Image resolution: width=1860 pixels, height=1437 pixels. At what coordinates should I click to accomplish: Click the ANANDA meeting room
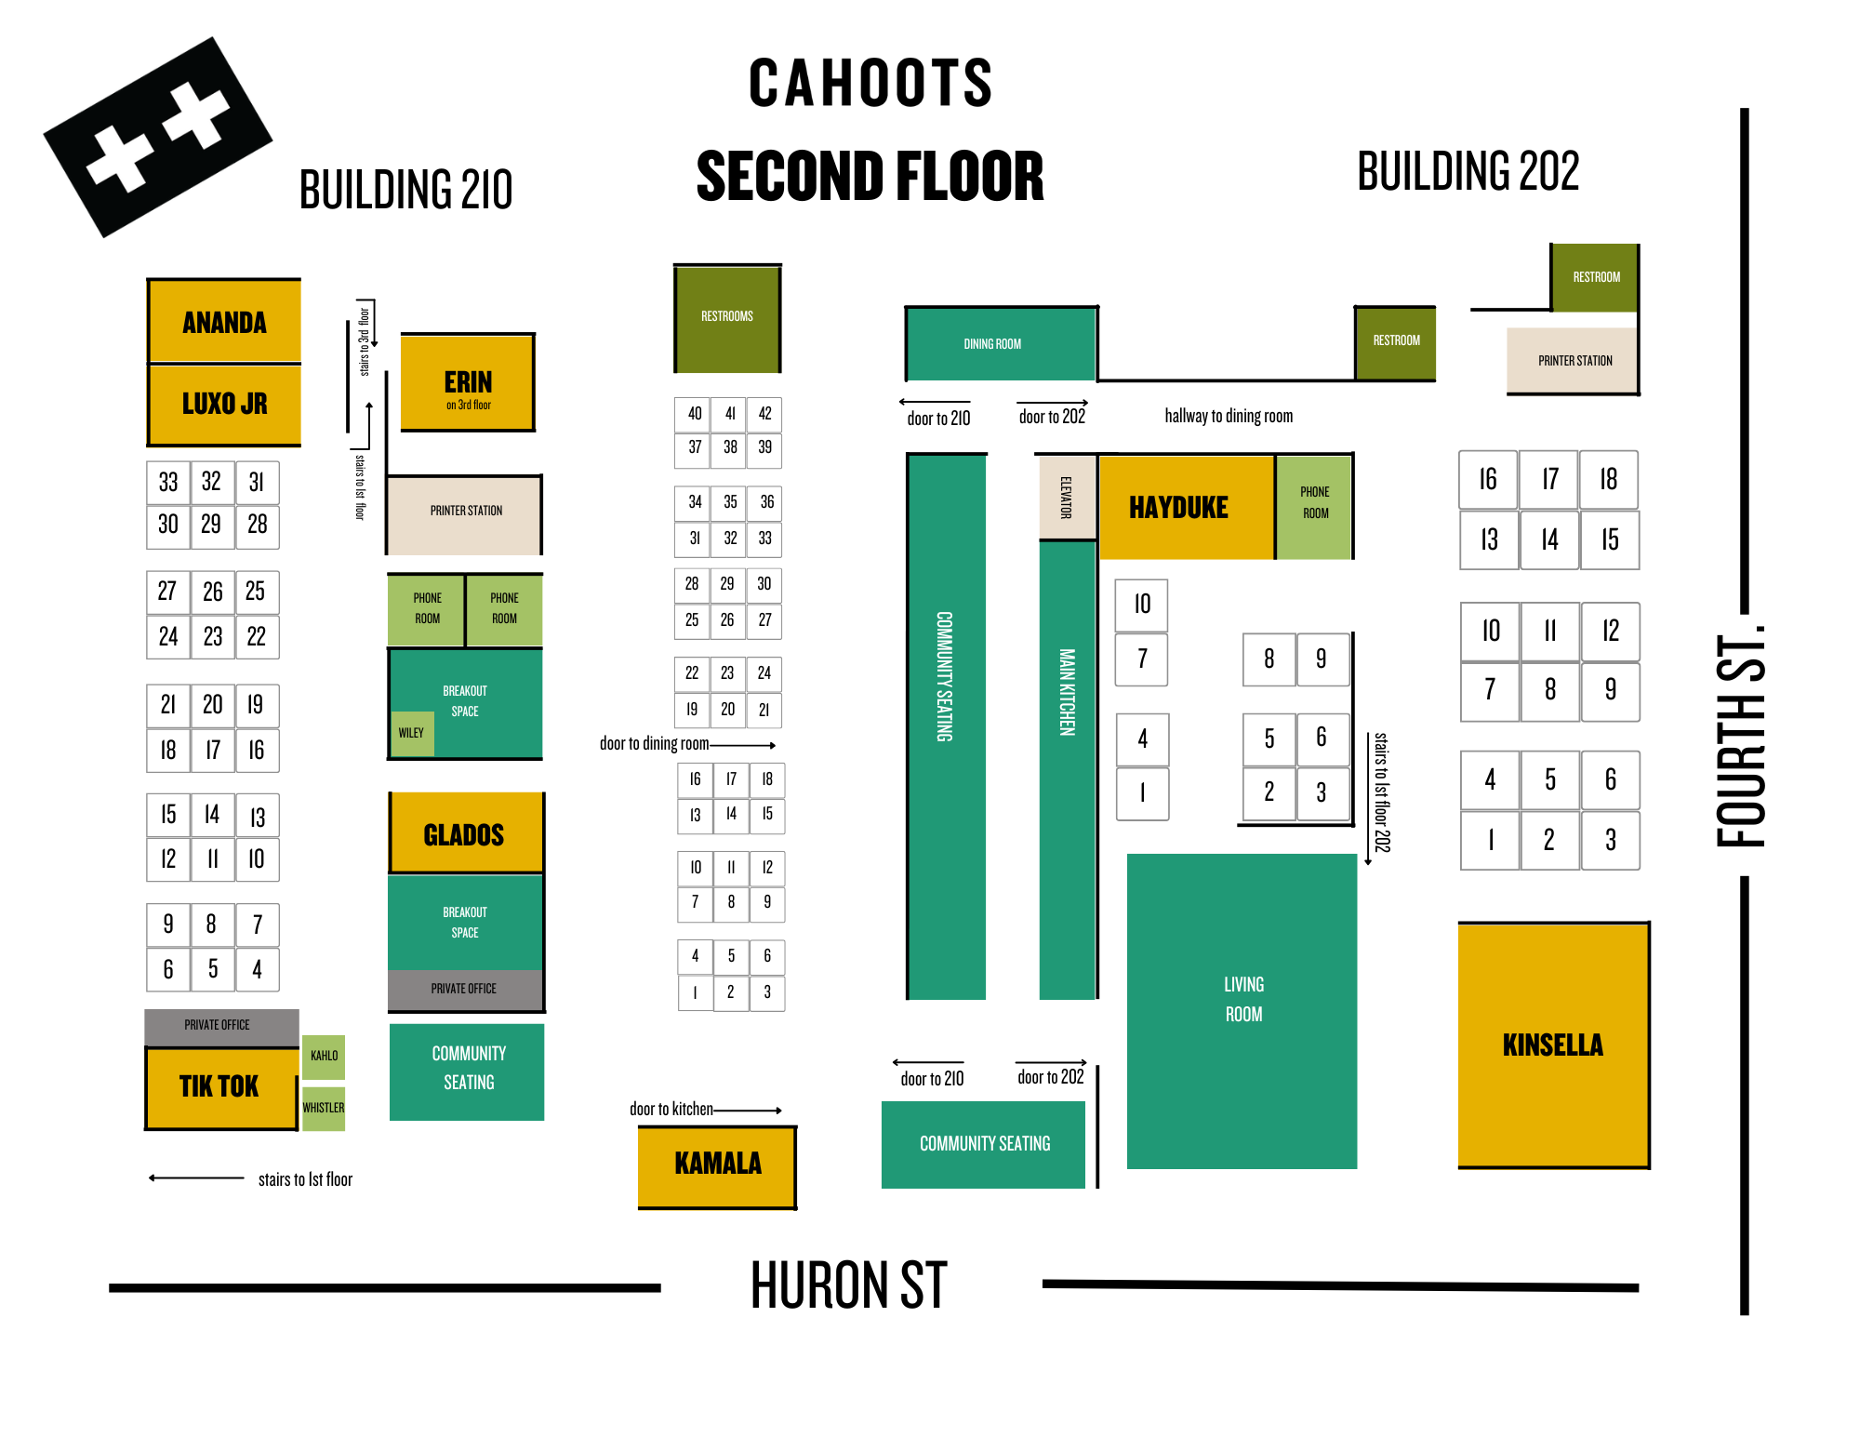pos(224,322)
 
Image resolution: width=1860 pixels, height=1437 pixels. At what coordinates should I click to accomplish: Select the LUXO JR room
pos(224,404)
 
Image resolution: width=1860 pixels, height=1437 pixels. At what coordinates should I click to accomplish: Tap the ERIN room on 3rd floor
pos(468,383)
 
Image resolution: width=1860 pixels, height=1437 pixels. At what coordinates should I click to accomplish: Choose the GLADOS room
pos(465,834)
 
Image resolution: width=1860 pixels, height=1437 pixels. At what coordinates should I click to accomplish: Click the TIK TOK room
pos(220,1086)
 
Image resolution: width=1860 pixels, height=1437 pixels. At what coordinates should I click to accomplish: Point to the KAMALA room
pos(717,1164)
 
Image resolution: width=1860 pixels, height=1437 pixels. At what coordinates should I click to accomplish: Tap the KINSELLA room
pos(1552,1045)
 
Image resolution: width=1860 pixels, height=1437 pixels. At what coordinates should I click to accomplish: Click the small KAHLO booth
pos(324,1057)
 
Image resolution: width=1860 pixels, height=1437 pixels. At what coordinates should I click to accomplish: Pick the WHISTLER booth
pos(324,1108)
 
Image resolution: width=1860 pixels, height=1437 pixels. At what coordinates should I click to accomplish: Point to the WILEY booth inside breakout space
pos(411,733)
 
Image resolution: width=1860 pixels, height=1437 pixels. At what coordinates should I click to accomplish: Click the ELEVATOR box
pos(1068,498)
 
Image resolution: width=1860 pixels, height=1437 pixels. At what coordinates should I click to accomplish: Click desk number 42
pos(764,414)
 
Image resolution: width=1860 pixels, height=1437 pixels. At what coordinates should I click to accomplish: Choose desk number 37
pos(694,447)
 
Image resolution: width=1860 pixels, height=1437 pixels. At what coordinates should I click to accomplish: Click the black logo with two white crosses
pos(158,137)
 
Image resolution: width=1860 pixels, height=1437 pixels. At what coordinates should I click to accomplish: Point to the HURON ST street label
pos(848,1285)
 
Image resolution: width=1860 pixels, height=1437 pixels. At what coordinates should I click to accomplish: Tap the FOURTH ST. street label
pos(1738,739)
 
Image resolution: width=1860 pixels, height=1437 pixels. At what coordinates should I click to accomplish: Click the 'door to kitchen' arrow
pos(747,1111)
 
